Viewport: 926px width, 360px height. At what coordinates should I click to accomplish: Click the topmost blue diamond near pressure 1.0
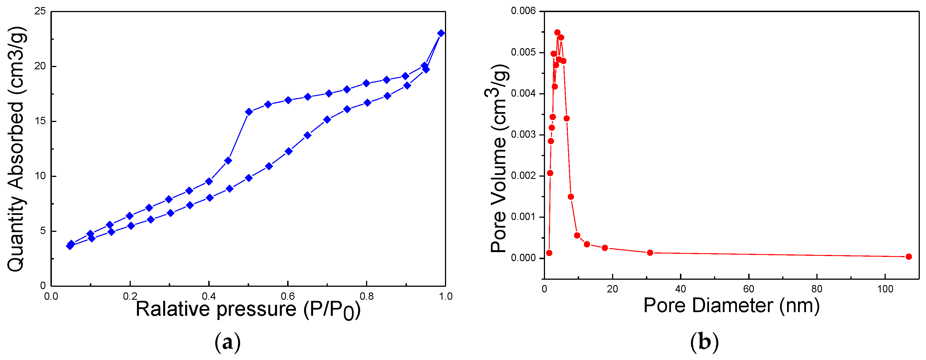[x=441, y=33]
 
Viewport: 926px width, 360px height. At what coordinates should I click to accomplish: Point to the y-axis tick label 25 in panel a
[x=40, y=11]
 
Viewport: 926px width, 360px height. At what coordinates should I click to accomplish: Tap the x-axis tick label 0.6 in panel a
[x=287, y=296]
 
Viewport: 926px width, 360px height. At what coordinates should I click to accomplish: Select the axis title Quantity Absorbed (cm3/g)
[x=16, y=149]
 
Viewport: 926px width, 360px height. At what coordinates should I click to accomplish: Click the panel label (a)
[x=227, y=343]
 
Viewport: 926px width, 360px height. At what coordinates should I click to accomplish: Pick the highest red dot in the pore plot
[x=557, y=32]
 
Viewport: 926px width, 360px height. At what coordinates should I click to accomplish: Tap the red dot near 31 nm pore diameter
[x=650, y=253]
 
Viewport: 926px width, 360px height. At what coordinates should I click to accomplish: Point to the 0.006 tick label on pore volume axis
[x=523, y=11]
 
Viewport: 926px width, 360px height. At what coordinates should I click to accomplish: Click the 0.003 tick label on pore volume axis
[x=523, y=135]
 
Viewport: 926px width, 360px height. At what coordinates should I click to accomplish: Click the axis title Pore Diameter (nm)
[x=731, y=306]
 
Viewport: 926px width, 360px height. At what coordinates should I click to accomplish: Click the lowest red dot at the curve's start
[x=549, y=253]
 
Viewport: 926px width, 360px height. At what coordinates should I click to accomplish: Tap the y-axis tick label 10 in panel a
[x=40, y=176]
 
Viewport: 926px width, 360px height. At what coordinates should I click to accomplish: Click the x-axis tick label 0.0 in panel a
[x=51, y=296]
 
